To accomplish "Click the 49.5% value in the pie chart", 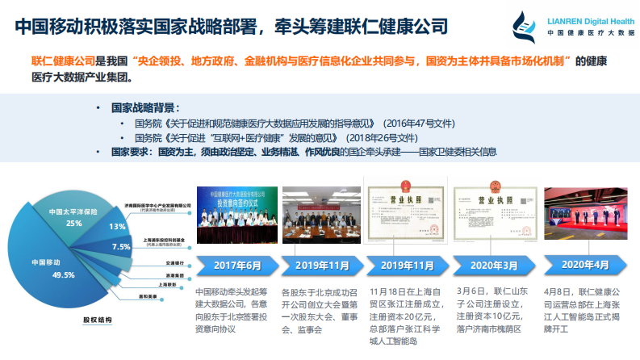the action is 62,275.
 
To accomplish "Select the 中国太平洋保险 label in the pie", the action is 73,211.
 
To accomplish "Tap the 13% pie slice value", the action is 117,227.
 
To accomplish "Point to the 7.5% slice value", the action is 120,246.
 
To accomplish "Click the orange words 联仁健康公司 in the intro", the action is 62,61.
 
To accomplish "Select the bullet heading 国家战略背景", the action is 145,107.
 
